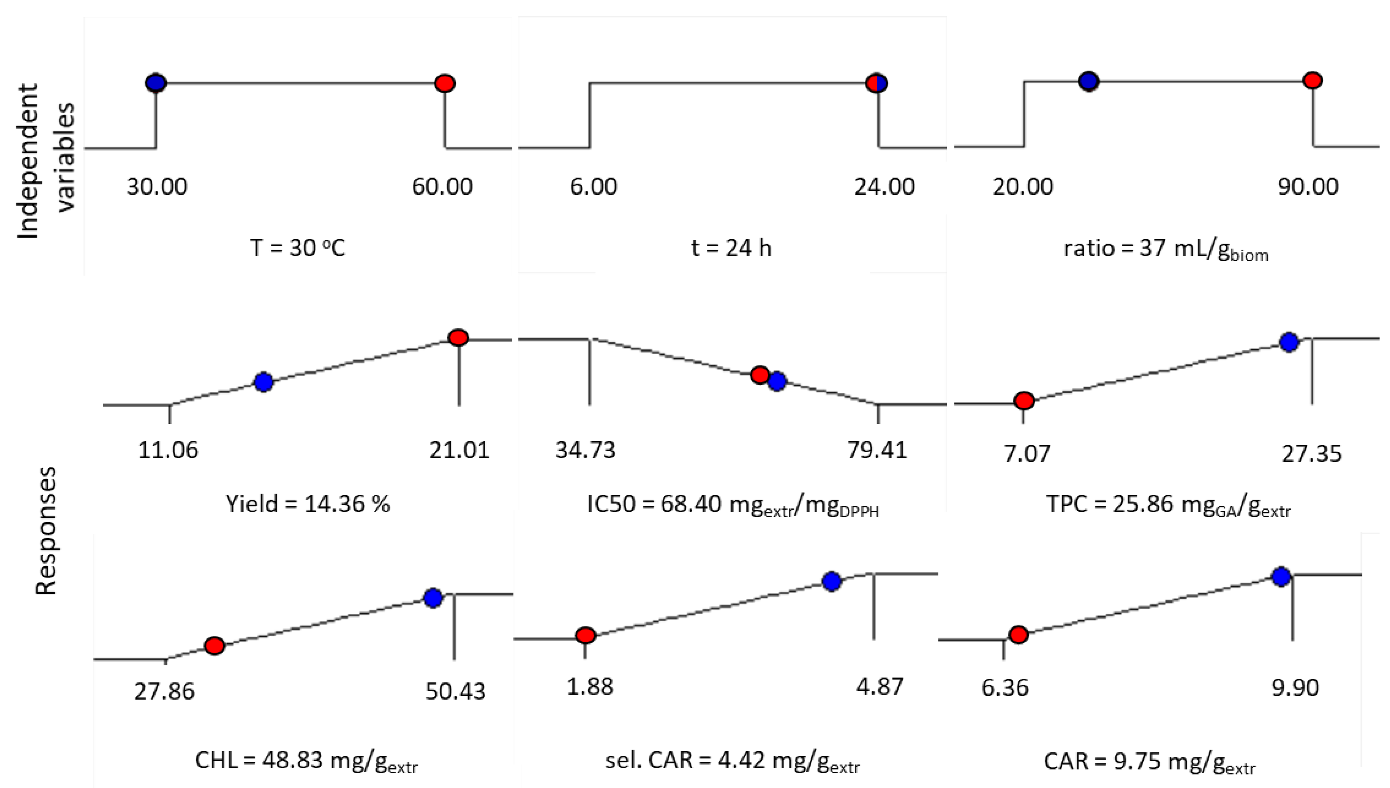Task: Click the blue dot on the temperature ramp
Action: click(156, 83)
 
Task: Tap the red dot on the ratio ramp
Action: click(1313, 80)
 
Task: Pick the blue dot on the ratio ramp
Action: click(1089, 81)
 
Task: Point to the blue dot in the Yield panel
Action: click(263, 382)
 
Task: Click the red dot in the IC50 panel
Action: click(760, 375)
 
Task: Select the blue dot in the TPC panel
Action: click(1289, 342)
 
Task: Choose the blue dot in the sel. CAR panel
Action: click(831, 581)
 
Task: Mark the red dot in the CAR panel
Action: click(1019, 634)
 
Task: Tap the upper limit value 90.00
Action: click(1308, 187)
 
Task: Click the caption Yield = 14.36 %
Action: click(308, 504)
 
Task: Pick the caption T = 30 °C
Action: click(298, 248)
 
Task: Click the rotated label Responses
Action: click(46, 531)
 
